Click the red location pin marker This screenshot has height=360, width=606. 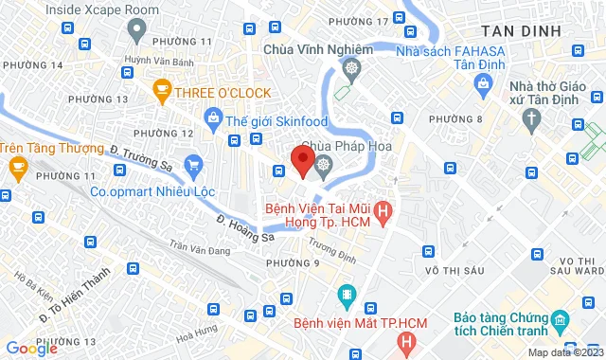click(x=303, y=160)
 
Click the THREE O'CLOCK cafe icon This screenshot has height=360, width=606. click(x=161, y=91)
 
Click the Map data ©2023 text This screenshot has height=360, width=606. click(x=564, y=352)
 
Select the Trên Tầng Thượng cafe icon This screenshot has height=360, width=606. click(x=17, y=167)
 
